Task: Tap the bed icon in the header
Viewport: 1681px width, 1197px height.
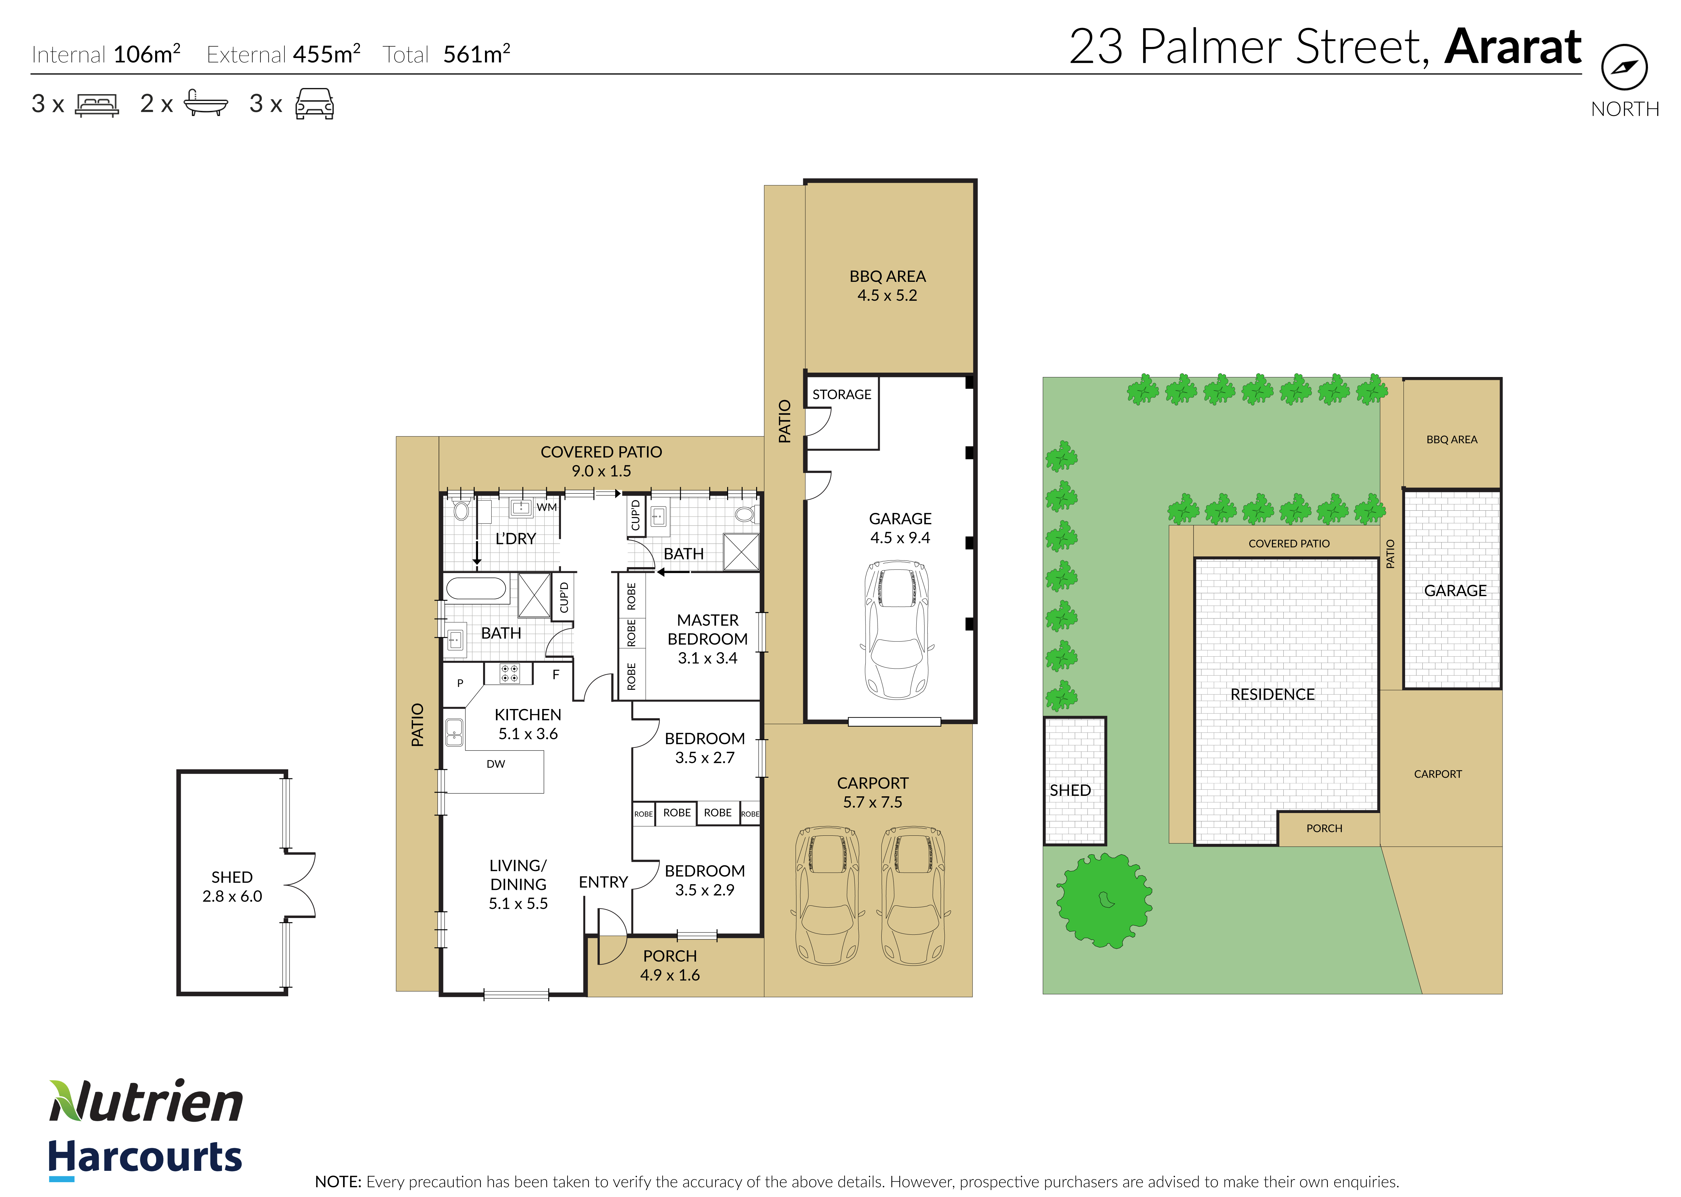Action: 96,105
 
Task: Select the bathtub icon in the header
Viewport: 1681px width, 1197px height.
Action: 206,103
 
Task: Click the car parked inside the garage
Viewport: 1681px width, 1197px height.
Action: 897,630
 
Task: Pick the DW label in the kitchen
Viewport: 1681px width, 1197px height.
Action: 495,764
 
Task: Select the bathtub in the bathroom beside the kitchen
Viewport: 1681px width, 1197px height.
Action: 476,588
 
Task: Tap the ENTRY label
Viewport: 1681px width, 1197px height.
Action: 603,882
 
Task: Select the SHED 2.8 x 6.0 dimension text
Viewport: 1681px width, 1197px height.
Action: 232,896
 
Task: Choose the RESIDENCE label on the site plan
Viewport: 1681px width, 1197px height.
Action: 1273,694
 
